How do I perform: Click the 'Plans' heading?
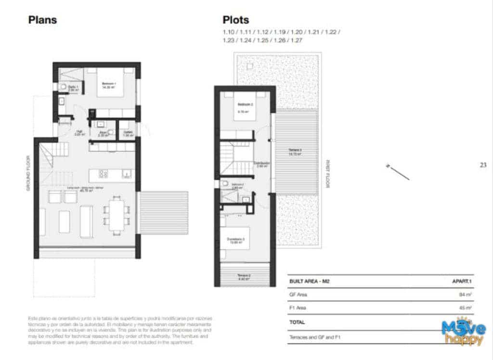tap(42, 20)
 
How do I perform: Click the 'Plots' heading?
tap(235, 20)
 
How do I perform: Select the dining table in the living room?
tap(116, 215)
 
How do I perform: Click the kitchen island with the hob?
tap(111, 173)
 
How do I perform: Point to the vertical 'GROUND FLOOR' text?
tap(28, 173)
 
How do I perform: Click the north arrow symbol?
tap(397, 172)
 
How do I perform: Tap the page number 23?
tap(483, 165)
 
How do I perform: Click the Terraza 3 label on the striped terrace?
tap(295, 151)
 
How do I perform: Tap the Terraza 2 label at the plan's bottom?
tap(243, 277)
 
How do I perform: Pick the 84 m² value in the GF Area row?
tap(465, 294)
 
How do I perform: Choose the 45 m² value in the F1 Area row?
tap(465, 308)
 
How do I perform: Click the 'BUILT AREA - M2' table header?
tap(309, 281)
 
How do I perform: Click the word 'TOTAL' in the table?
tap(297, 322)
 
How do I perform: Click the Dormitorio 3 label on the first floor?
tap(236, 241)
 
